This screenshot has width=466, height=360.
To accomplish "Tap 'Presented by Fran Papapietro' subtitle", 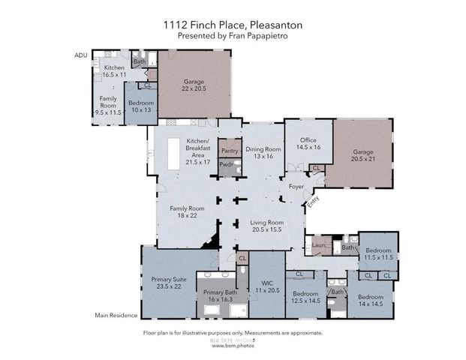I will point(233,35).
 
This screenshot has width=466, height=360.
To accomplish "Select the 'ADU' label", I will point(82,55).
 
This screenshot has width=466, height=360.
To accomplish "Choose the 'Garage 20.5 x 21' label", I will point(363,155).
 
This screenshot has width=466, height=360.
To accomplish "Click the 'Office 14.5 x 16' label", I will point(308,144).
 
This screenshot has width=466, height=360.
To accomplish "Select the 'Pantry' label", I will point(229,151).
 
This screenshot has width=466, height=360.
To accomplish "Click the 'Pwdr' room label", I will point(226,164).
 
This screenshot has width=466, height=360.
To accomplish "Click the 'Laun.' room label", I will point(317,244).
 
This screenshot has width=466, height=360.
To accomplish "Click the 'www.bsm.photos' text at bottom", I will point(233,347).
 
